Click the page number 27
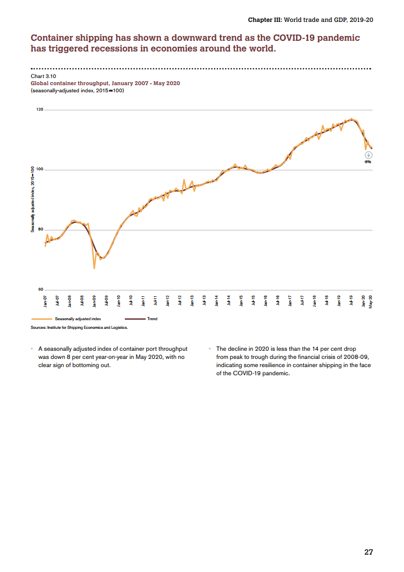coord(368,552)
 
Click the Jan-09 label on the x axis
coord(94,301)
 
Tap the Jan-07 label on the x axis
coord(45,301)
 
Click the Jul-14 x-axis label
coord(229,301)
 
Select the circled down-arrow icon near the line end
coord(368,155)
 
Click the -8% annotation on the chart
coord(368,162)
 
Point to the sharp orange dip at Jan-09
coord(94,267)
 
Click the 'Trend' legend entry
coord(152,319)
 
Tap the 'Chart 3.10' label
coord(43,76)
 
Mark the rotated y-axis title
coord(33,200)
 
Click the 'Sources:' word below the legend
coord(39,327)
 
